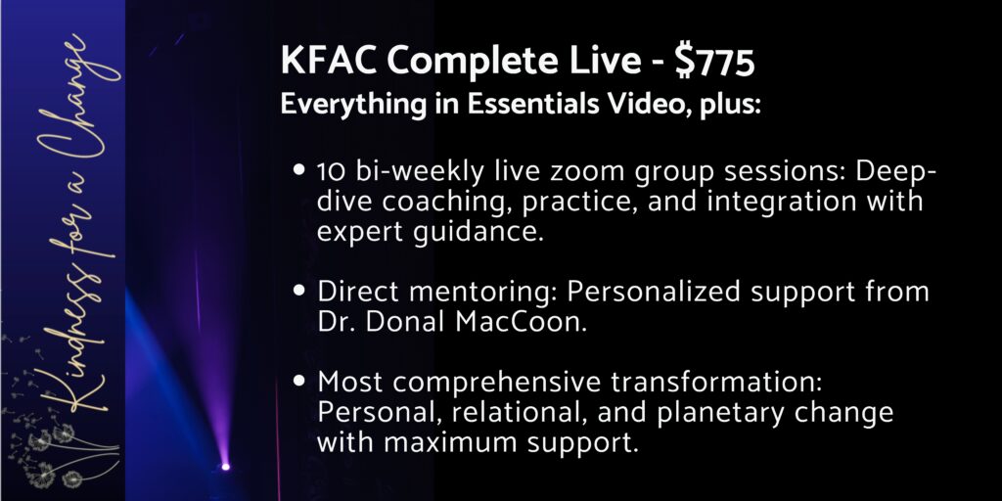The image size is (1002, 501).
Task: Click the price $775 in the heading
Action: pyautogui.click(x=715, y=62)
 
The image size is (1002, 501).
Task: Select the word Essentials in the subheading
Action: pyautogui.click(x=532, y=105)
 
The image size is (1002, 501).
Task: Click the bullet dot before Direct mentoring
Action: pyautogui.click(x=299, y=291)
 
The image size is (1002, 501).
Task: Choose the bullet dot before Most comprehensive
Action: pyautogui.click(x=299, y=381)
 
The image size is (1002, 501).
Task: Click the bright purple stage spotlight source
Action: pyautogui.click(x=225, y=467)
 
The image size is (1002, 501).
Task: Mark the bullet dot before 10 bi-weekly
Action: pyautogui.click(x=299, y=171)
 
